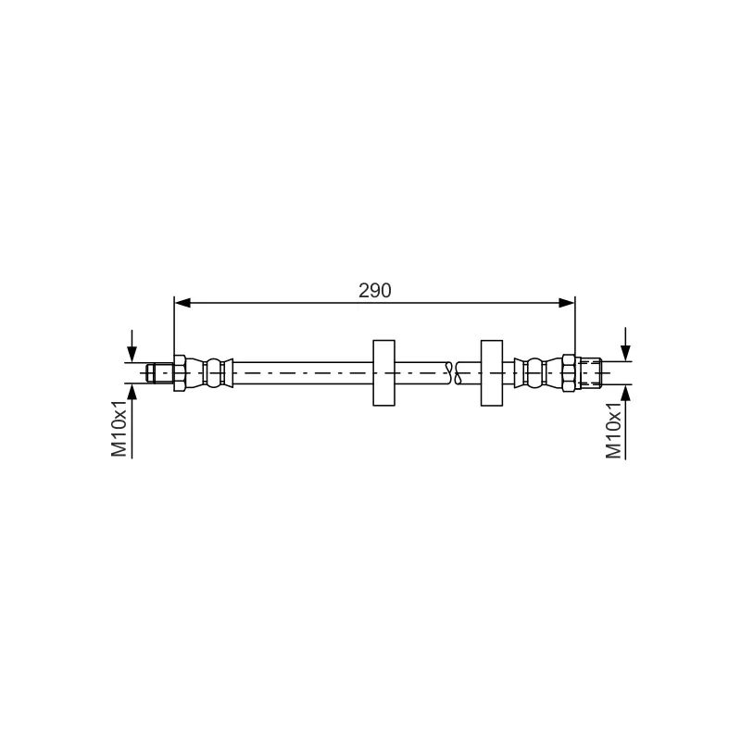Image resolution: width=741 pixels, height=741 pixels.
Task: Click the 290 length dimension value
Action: [375, 291]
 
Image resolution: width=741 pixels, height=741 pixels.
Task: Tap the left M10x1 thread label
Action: [119, 428]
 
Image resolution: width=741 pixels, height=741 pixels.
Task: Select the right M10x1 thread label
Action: [613, 431]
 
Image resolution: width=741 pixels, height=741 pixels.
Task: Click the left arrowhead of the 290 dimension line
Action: [182, 303]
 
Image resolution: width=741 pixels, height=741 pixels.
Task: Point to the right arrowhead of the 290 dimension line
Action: [567, 303]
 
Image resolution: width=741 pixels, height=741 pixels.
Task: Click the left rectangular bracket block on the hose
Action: [383, 373]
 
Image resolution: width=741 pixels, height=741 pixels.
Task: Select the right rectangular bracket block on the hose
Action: [492, 373]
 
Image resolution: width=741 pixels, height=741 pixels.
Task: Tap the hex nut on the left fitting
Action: [180, 373]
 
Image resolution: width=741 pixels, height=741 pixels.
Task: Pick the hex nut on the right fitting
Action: [569, 373]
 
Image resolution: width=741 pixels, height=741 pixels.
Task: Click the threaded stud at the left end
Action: [160, 373]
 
